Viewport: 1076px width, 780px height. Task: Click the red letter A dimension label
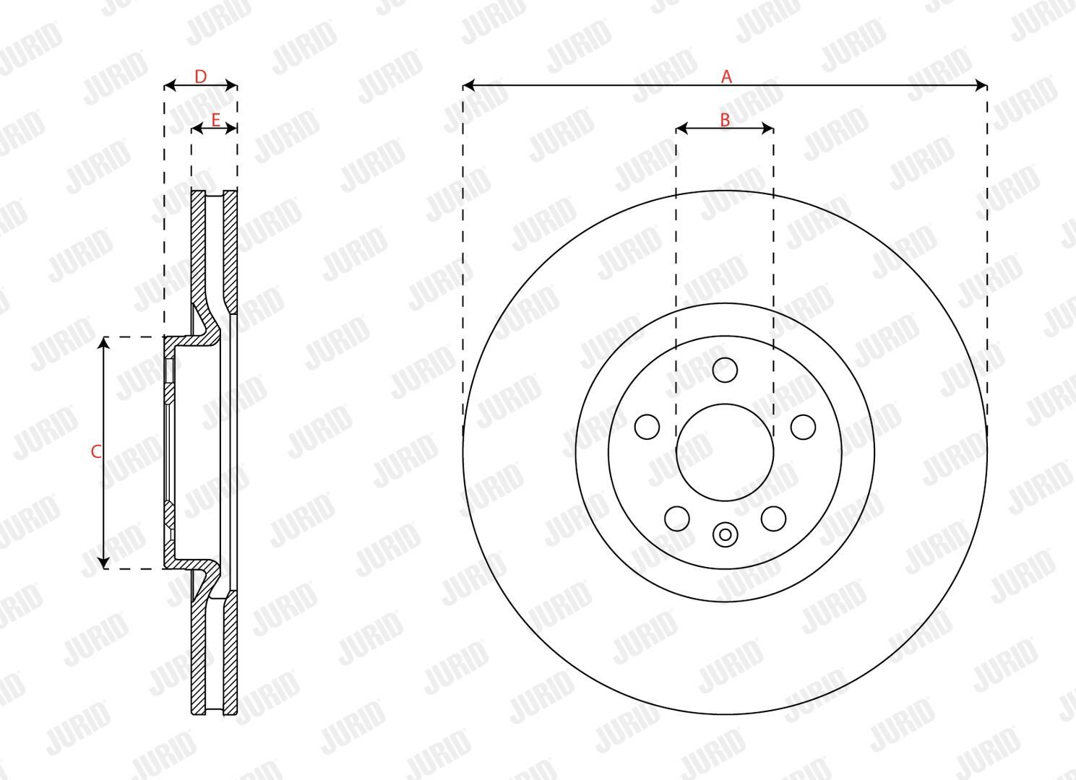point(726,77)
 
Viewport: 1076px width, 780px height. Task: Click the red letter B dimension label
point(725,119)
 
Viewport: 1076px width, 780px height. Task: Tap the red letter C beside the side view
point(96,451)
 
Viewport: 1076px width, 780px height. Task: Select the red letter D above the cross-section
point(200,77)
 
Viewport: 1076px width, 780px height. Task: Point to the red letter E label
point(215,119)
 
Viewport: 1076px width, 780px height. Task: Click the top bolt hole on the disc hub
point(725,370)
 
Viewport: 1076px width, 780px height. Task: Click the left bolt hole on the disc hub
point(647,427)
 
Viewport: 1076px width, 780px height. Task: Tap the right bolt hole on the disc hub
point(803,427)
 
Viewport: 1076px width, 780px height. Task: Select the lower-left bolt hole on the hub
point(677,519)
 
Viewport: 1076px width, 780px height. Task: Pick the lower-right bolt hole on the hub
point(773,519)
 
